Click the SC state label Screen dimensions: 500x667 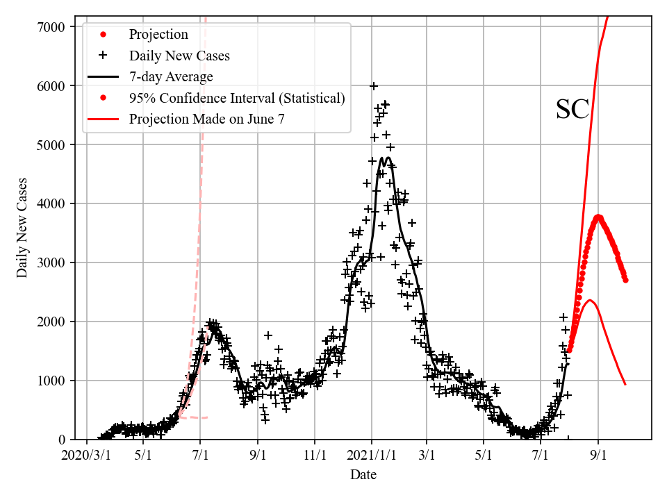click(x=573, y=110)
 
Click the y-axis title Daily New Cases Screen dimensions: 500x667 click(x=23, y=228)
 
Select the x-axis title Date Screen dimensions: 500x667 click(x=363, y=475)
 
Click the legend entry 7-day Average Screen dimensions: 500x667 click(x=171, y=77)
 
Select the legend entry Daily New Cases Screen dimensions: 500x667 click(x=179, y=56)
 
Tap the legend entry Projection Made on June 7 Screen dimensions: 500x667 click(x=206, y=119)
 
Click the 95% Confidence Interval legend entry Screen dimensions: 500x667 click(x=237, y=98)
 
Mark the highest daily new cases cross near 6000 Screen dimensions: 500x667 click(x=374, y=86)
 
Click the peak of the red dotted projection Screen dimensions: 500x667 click(x=598, y=217)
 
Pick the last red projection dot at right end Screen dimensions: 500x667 click(x=625, y=280)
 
